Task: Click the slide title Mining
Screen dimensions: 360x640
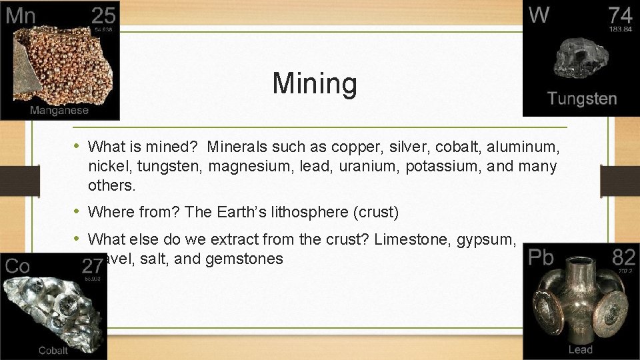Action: [315, 84]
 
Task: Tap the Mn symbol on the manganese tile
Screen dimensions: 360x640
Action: [21, 16]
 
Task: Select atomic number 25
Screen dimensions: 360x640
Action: [103, 16]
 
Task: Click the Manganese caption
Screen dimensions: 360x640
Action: [59, 110]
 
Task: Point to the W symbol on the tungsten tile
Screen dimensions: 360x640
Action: [539, 15]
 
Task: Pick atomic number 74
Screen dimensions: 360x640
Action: [620, 16]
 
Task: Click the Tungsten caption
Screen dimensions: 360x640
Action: [582, 99]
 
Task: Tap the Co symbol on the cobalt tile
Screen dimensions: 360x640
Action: [17, 267]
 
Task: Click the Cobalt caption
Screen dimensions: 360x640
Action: [53, 351]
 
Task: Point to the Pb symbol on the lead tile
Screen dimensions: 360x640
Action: [541, 257]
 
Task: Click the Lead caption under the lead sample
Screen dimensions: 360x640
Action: [580, 350]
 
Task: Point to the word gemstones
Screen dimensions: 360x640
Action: [245, 259]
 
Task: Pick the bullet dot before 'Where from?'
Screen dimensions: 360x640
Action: [77, 212]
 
